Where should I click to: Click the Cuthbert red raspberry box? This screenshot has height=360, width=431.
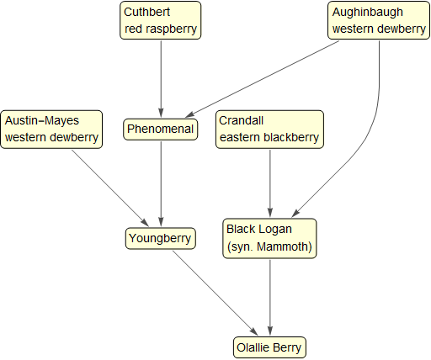(x=161, y=20)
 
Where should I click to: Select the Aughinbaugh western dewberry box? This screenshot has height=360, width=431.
(x=378, y=20)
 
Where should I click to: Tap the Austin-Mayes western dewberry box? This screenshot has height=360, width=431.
(x=52, y=129)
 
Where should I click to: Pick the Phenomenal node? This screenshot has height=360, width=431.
(x=161, y=130)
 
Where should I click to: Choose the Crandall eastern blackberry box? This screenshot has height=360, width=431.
(x=269, y=129)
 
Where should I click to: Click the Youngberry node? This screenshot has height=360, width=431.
(x=161, y=238)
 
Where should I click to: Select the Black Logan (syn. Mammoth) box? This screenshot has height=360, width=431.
(x=269, y=238)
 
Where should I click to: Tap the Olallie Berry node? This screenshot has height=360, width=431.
(x=269, y=347)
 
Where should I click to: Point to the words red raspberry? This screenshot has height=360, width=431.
(x=161, y=29)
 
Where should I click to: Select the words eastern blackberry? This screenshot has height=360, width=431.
(x=269, y=137)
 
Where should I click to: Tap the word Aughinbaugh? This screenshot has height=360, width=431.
(x=368, y=13)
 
